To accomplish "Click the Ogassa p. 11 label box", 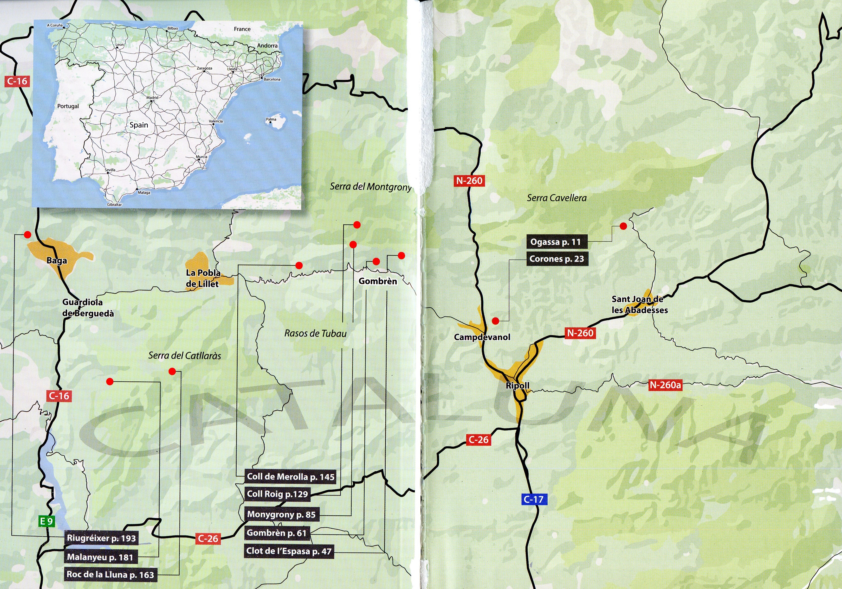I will pyautogui.click(x=556, y=242).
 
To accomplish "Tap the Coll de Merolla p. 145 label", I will pyautogui.click(x=291, y=476).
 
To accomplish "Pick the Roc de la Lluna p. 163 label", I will pyautogui.click(x=110, y=574).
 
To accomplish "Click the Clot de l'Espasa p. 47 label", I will pyautogui.click(x=289, y=551).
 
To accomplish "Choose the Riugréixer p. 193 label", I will pyautogui.click(x=101, y=538).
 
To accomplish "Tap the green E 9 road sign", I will pyautogui.click(x=46, y=521).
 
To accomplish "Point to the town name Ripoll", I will pyautogui.click(x=518, y=386).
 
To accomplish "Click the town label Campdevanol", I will pyautogui.click(x=482, y=337).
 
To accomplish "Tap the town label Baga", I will pyautogui.click(x=57, y=261).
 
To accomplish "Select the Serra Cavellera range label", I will pyautogui.click(x=557, y=198).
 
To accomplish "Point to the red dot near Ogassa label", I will pyautogui.click(x=623, y=226).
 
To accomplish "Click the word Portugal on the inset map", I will pyautogui.click(x=68, y=106).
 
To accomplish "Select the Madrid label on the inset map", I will pyautogui.click(x=152, y=97).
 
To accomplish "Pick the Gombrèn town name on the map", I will pyautogui.click(x=378, y=281).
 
